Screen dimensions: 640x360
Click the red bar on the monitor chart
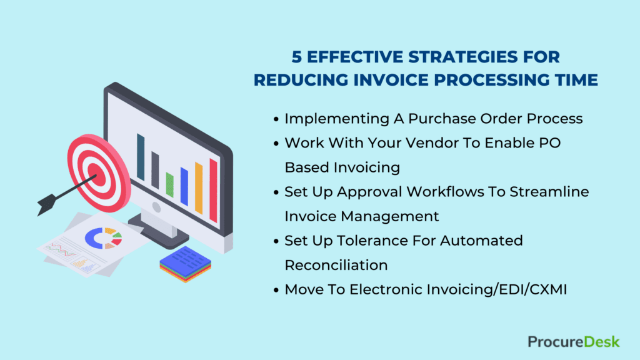[x=214, y=191]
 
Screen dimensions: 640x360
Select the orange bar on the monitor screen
[x=199, y=188]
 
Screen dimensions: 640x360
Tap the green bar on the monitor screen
[x=170, y=185]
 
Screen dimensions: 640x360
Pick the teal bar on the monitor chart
[x=141, y=157]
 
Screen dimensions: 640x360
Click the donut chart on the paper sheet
[x=104, y=238]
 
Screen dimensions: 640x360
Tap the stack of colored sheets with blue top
[x=185, y=264]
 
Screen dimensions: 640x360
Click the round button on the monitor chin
[x=156, y=207]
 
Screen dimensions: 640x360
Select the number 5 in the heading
[x=297, y=57]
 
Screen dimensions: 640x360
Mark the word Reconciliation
[x=336, y=265]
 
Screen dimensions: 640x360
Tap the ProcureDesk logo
[x=574, y=342]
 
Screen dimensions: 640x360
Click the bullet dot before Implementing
[x=276, y=119]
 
